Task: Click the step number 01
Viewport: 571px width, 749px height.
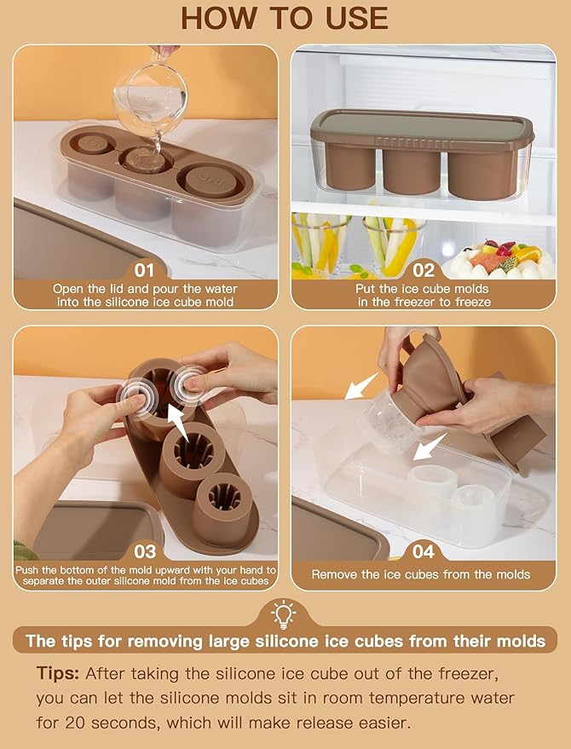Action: coord(144,270)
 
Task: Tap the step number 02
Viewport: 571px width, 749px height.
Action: coord(424,270)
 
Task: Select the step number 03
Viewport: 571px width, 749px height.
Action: coord(145,551)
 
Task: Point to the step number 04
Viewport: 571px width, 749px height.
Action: coord(424,551)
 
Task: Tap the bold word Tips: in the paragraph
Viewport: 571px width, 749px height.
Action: coord(57,674)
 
